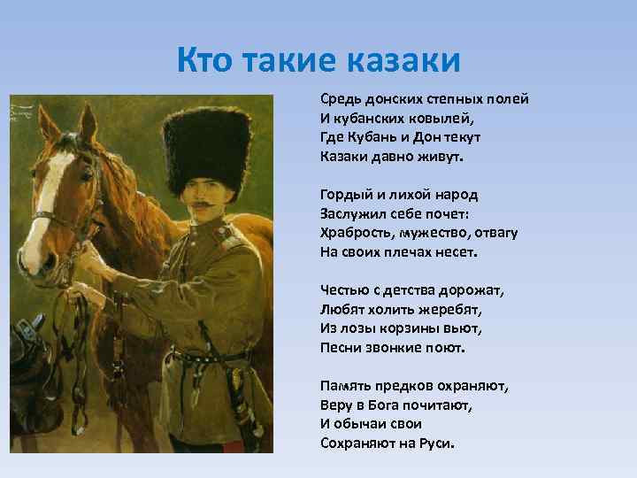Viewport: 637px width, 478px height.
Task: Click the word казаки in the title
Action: click(x=403, y=60)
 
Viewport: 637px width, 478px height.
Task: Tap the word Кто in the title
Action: click(x=206, y=60)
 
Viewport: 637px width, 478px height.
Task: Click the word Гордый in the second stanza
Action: click(x=347, y=195)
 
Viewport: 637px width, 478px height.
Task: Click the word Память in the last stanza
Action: click(x=348, y=386)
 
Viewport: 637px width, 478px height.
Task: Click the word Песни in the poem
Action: click(x=342, y=347)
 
